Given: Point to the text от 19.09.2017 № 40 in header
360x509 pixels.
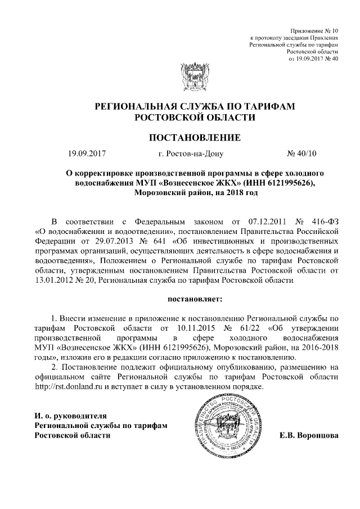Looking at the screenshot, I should click(313, 58).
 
